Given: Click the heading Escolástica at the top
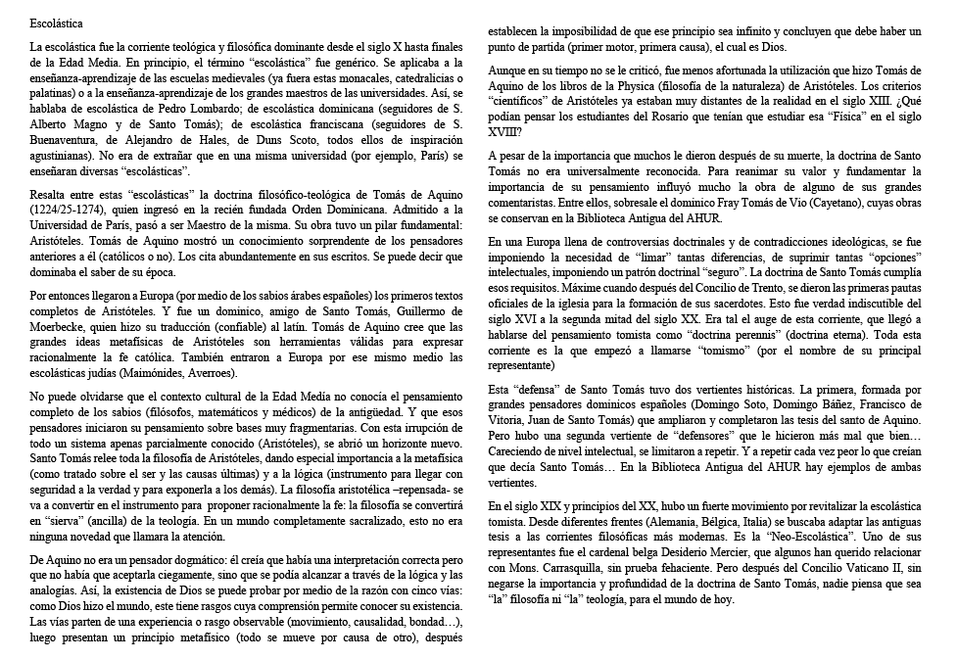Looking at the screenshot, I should click(57, 22).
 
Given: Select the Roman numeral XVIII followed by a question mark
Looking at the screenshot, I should click(504, 131).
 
